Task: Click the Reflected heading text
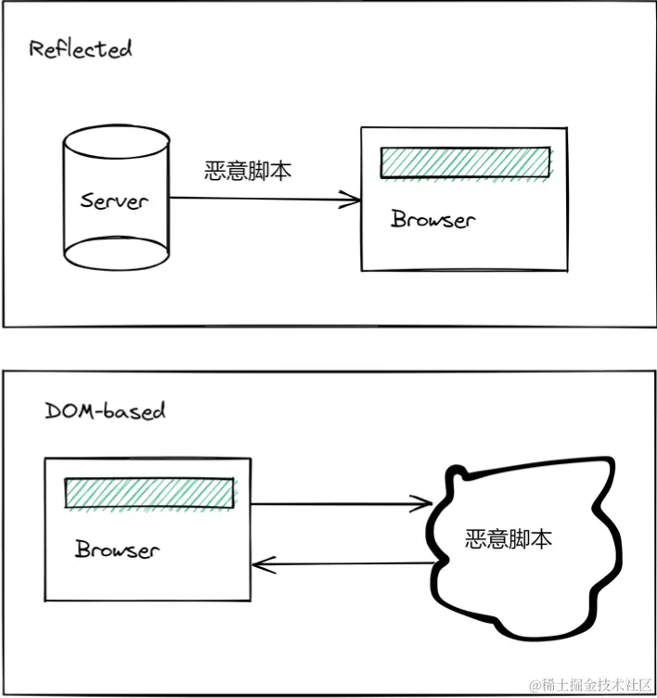coord(80,49)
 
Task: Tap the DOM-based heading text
coord(105,410)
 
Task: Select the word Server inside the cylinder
coord(113,200)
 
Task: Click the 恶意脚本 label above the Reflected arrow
coord(248,172)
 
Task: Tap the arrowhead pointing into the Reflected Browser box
coord(353,198)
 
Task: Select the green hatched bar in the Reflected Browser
coord(465,162)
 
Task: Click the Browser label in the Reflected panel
coord(432,220)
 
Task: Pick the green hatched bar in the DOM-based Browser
coord(148,493)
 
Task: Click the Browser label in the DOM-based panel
coord(117,549)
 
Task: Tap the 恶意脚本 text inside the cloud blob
coord(508,539)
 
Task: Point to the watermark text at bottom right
coord(590,685)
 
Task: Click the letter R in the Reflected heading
coord(35,49)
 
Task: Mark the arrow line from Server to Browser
coord(260,198)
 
